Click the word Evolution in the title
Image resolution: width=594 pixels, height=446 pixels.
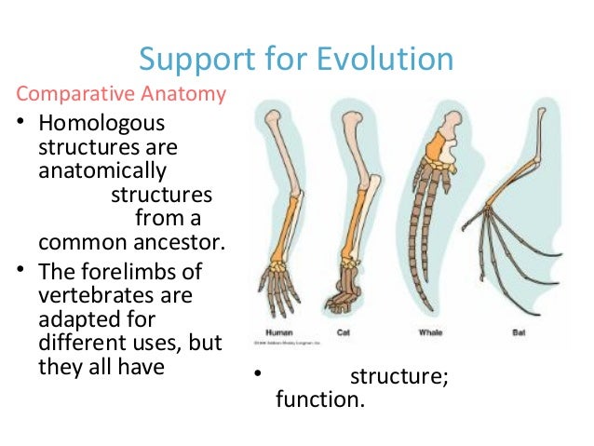(x=385, y=59)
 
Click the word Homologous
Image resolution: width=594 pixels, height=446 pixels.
(x=100, y=124)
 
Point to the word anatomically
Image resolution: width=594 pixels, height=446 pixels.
(x=102, y=172)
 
